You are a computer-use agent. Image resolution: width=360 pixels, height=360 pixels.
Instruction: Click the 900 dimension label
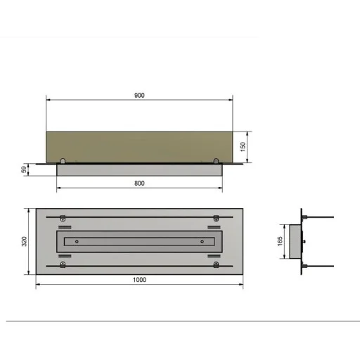click(139, 96)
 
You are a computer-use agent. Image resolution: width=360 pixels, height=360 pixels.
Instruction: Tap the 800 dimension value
click(139, 184)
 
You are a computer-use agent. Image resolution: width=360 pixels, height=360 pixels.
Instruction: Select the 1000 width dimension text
click(139, 280)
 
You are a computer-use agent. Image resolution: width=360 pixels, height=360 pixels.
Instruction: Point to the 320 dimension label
click(24, 241)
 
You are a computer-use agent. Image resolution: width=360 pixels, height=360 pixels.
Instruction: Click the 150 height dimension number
click(243, 147)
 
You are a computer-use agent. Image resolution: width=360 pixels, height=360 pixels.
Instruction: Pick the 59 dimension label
click(24, 169)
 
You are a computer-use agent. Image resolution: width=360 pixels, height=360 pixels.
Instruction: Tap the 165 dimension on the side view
click(280, 241)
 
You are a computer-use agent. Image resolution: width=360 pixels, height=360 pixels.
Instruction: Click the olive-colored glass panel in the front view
click(139, 147)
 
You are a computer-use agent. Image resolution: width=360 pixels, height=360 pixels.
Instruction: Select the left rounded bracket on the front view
click(63, 161)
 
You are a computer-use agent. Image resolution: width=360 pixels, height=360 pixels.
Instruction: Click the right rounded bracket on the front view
click(216, 161)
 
